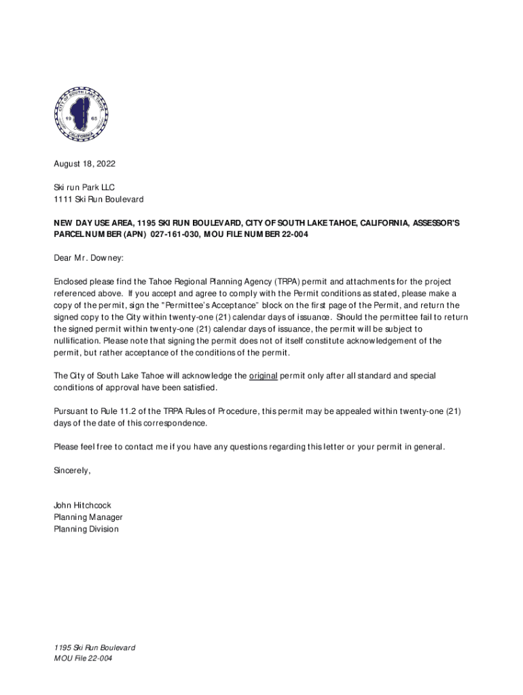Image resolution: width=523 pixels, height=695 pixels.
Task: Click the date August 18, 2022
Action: [85, 164]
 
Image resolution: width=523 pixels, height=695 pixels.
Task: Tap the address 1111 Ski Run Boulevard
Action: [98, 200]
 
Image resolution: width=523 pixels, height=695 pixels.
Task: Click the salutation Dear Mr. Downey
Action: [89, 258]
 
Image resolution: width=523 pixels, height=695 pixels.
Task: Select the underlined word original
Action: [263, 375]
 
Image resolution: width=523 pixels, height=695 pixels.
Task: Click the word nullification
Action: [77, 341]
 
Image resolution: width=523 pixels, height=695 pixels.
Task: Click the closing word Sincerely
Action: [72, 470]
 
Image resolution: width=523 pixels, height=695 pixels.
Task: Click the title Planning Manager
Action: [88, 517]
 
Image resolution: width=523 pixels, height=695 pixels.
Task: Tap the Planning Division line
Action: [86, 529]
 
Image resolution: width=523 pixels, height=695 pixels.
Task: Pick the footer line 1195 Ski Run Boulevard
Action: [94, 647]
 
